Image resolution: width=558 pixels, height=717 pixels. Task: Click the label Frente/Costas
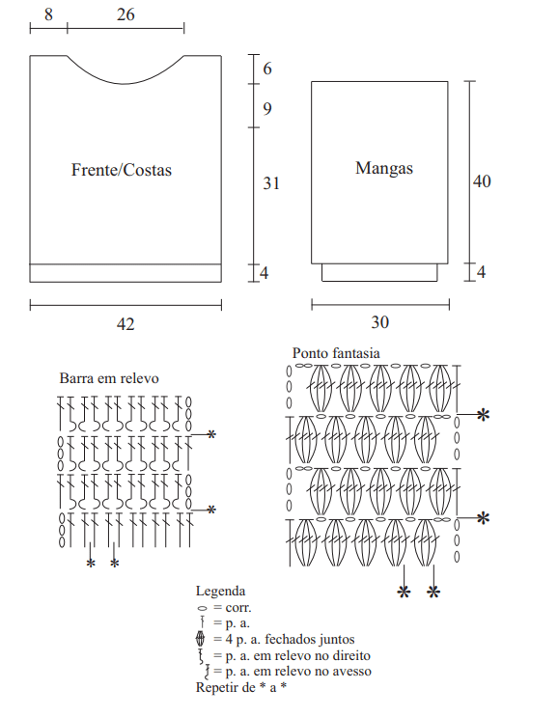(122, 170)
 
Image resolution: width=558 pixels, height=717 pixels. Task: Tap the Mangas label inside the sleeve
(383, 168)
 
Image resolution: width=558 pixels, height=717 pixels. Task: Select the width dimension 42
(126, 324)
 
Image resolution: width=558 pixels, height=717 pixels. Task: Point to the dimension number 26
(126, 14)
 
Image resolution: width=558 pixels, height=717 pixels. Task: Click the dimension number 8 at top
(48, 14)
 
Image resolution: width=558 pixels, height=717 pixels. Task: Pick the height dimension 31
(271, 183)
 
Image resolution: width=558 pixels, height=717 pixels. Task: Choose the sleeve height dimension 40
(482, 181)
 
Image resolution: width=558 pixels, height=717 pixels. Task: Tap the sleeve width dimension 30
(379, 322)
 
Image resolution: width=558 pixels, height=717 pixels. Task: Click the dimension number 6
(267, 69)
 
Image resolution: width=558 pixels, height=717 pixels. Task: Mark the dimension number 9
(267, 109)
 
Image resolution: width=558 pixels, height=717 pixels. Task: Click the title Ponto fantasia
(336, 353)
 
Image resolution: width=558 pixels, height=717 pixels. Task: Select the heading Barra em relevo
(109, 378)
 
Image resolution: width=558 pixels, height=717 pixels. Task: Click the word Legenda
(220, 591)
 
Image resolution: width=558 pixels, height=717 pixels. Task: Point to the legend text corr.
(238, 608)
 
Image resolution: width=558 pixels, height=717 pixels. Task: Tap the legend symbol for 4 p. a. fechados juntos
(201, 638)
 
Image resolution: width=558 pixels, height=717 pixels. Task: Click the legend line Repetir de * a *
(241, 687)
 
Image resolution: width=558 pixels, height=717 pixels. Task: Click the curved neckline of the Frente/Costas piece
(124, 84)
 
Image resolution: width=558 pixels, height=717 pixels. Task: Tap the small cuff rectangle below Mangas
(379, 272)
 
